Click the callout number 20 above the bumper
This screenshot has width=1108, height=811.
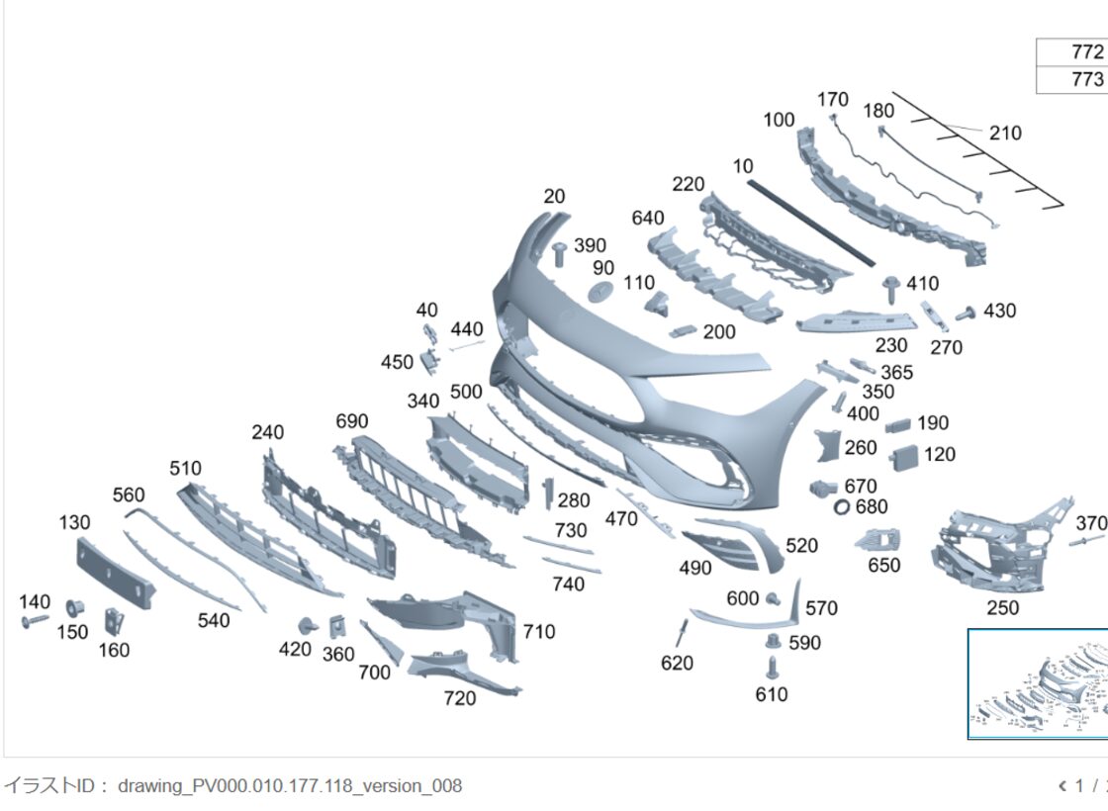pos(554,197)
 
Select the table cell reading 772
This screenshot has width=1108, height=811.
pos(1072,52)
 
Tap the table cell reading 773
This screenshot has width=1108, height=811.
pos(1072,79)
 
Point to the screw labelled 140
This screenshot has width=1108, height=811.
pos(35,622)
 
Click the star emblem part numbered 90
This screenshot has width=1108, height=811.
pos(600,291)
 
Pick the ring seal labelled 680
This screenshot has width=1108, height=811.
pos(841,506)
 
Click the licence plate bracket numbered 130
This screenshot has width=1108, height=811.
pos(115,573)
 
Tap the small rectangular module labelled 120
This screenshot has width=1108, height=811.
pos(904,458)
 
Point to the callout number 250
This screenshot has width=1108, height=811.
pos(1002,607)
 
